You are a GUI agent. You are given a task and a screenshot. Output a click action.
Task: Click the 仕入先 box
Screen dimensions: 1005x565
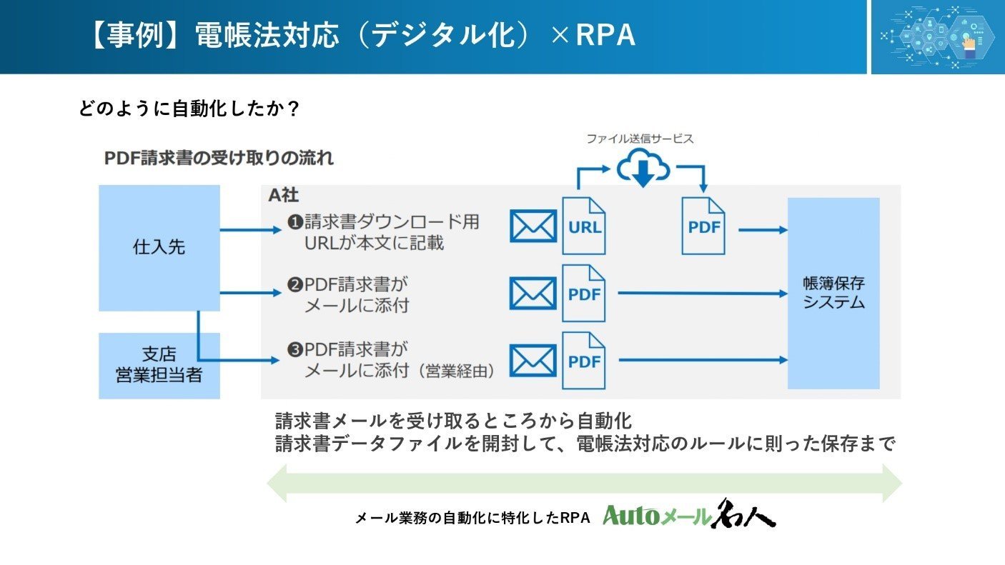[x=159, y=248]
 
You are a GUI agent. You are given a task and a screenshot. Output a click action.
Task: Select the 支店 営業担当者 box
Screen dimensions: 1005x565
[x=159, y=366]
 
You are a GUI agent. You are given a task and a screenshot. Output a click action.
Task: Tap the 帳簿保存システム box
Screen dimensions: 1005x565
[x=833, y=294]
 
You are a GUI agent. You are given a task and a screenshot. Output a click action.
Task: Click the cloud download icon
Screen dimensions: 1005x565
[x=643, y=168]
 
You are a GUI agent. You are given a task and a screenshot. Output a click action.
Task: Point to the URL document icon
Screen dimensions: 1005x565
[x=584, y=226]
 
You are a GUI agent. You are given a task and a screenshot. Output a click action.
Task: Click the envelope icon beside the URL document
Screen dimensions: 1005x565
[x=533, y=226]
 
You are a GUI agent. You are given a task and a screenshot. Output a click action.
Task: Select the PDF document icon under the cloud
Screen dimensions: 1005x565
[x=703, y=226]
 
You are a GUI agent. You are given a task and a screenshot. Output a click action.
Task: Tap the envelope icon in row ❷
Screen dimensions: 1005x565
[x=533, y=294]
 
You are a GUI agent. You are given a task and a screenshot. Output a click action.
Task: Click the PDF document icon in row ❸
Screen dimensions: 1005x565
[x=584, y=361]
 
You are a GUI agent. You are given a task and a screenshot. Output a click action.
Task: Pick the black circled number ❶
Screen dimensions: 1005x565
[x=295, y=222]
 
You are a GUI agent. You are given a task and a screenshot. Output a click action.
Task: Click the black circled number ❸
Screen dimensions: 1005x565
[x=295, y=350]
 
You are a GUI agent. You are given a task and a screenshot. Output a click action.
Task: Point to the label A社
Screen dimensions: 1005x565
[x=284, y=195]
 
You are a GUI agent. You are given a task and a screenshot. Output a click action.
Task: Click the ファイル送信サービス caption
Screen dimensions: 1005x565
[x=640, y=139]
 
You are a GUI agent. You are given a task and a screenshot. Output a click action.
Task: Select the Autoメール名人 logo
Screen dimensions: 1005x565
[x=689, y=514]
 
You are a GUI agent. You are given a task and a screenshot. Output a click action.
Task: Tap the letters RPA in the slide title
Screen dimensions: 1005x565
[x=605, y=34]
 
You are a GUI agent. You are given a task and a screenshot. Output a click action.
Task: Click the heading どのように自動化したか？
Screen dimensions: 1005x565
[x=189, y=109]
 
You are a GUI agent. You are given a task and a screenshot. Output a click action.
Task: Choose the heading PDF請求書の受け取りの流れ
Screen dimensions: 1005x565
[x=219, y=158]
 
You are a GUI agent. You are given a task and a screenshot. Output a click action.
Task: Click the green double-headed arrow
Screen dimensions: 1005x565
[x=584, y=484]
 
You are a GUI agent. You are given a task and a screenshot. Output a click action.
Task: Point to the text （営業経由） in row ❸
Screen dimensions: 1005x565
[x=459, y=371]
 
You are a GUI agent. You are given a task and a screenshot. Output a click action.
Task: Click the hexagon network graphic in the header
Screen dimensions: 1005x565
[x=938, y=36]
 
